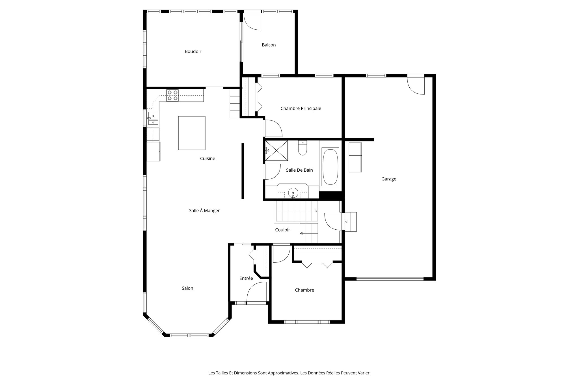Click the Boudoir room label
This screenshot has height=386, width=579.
click(193, 51)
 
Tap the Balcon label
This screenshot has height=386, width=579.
click(269, 45)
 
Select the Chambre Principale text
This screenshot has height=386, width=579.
click(301, 108)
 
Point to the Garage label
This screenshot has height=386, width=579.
click(388, 179)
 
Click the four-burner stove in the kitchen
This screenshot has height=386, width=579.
click(172, 95)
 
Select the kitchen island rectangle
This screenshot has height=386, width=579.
click(192, 133)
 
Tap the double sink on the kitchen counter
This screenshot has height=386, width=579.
click(153, 118)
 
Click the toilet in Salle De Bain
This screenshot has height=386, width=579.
click(303, 148)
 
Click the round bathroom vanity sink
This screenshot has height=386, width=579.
click(293, 193)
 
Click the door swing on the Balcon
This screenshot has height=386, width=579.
click(252, 21)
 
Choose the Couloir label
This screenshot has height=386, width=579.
click(282, 230)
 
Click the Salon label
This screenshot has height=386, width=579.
click(187, 288)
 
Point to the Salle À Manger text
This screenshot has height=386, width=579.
click(204, 211)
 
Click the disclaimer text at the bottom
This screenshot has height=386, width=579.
click(289, 373)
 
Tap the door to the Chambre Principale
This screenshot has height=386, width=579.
click(273, 128)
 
